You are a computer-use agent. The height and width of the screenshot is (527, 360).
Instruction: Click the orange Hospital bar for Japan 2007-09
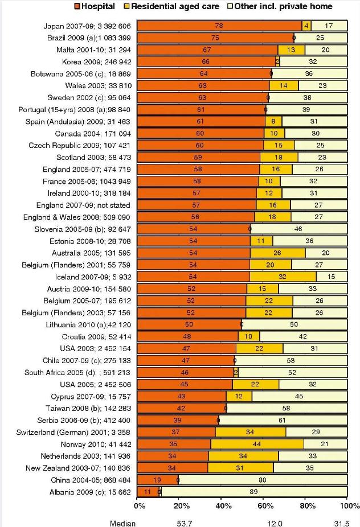pos(220,26)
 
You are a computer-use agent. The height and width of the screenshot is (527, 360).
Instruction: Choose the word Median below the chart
pos(123,522)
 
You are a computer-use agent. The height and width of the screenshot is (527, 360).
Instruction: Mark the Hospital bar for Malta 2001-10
pos(208,50)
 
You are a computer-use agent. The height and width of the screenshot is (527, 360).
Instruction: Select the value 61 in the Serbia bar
pos(283,420)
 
